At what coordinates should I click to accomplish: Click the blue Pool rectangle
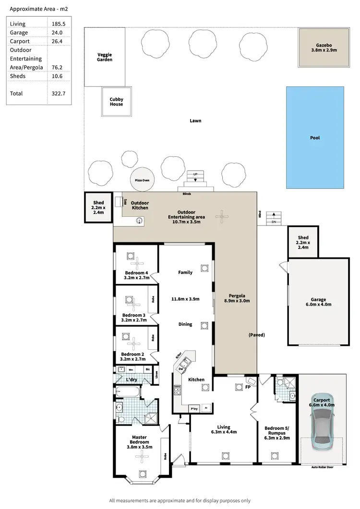[315, 138]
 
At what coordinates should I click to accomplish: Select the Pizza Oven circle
[143, 180]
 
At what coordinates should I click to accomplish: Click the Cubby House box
[116, 102]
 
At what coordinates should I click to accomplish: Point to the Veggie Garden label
[105, 58]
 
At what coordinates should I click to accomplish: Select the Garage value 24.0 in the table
[57, 33]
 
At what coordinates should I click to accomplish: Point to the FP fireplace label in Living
[249, 387]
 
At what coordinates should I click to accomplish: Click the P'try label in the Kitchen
[194, 408]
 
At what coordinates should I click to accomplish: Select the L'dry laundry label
[132, 380]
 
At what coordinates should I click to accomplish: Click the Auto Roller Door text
[322, 467]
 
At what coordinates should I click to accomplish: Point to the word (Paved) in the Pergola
[257, 334]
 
